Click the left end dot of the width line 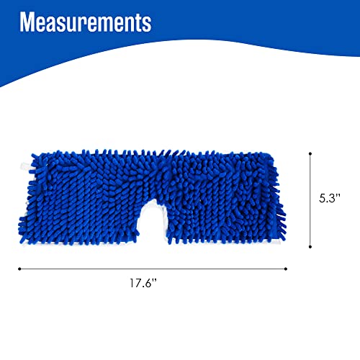(19, 269)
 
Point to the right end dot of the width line (286, 269)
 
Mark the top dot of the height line (310, 152)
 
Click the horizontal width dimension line (152, 269)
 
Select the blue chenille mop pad (94, 194)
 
